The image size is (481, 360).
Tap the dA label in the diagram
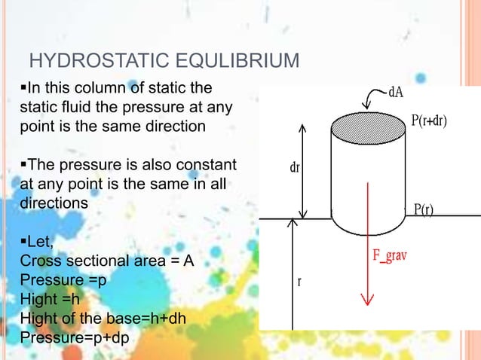coord(399,94)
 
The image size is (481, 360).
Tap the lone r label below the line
coord(299,282)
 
